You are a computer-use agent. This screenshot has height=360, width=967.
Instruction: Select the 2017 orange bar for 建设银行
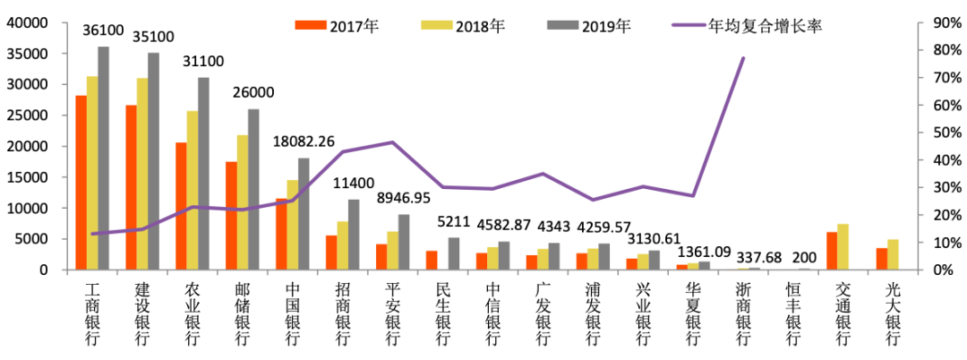[131, 187]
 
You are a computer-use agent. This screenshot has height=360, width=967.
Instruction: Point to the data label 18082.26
[305, 141]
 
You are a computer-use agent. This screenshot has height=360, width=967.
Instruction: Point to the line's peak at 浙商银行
[743, 58]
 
